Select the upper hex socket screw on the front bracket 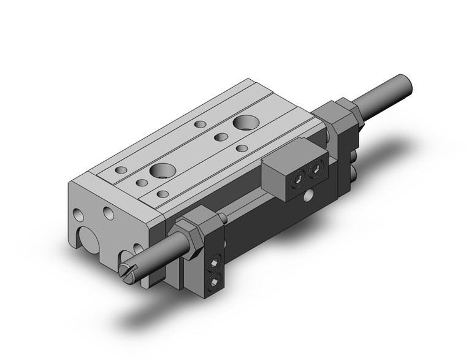214,263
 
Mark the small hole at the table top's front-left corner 121,169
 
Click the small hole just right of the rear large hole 242,148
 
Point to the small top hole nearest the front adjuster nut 162,194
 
